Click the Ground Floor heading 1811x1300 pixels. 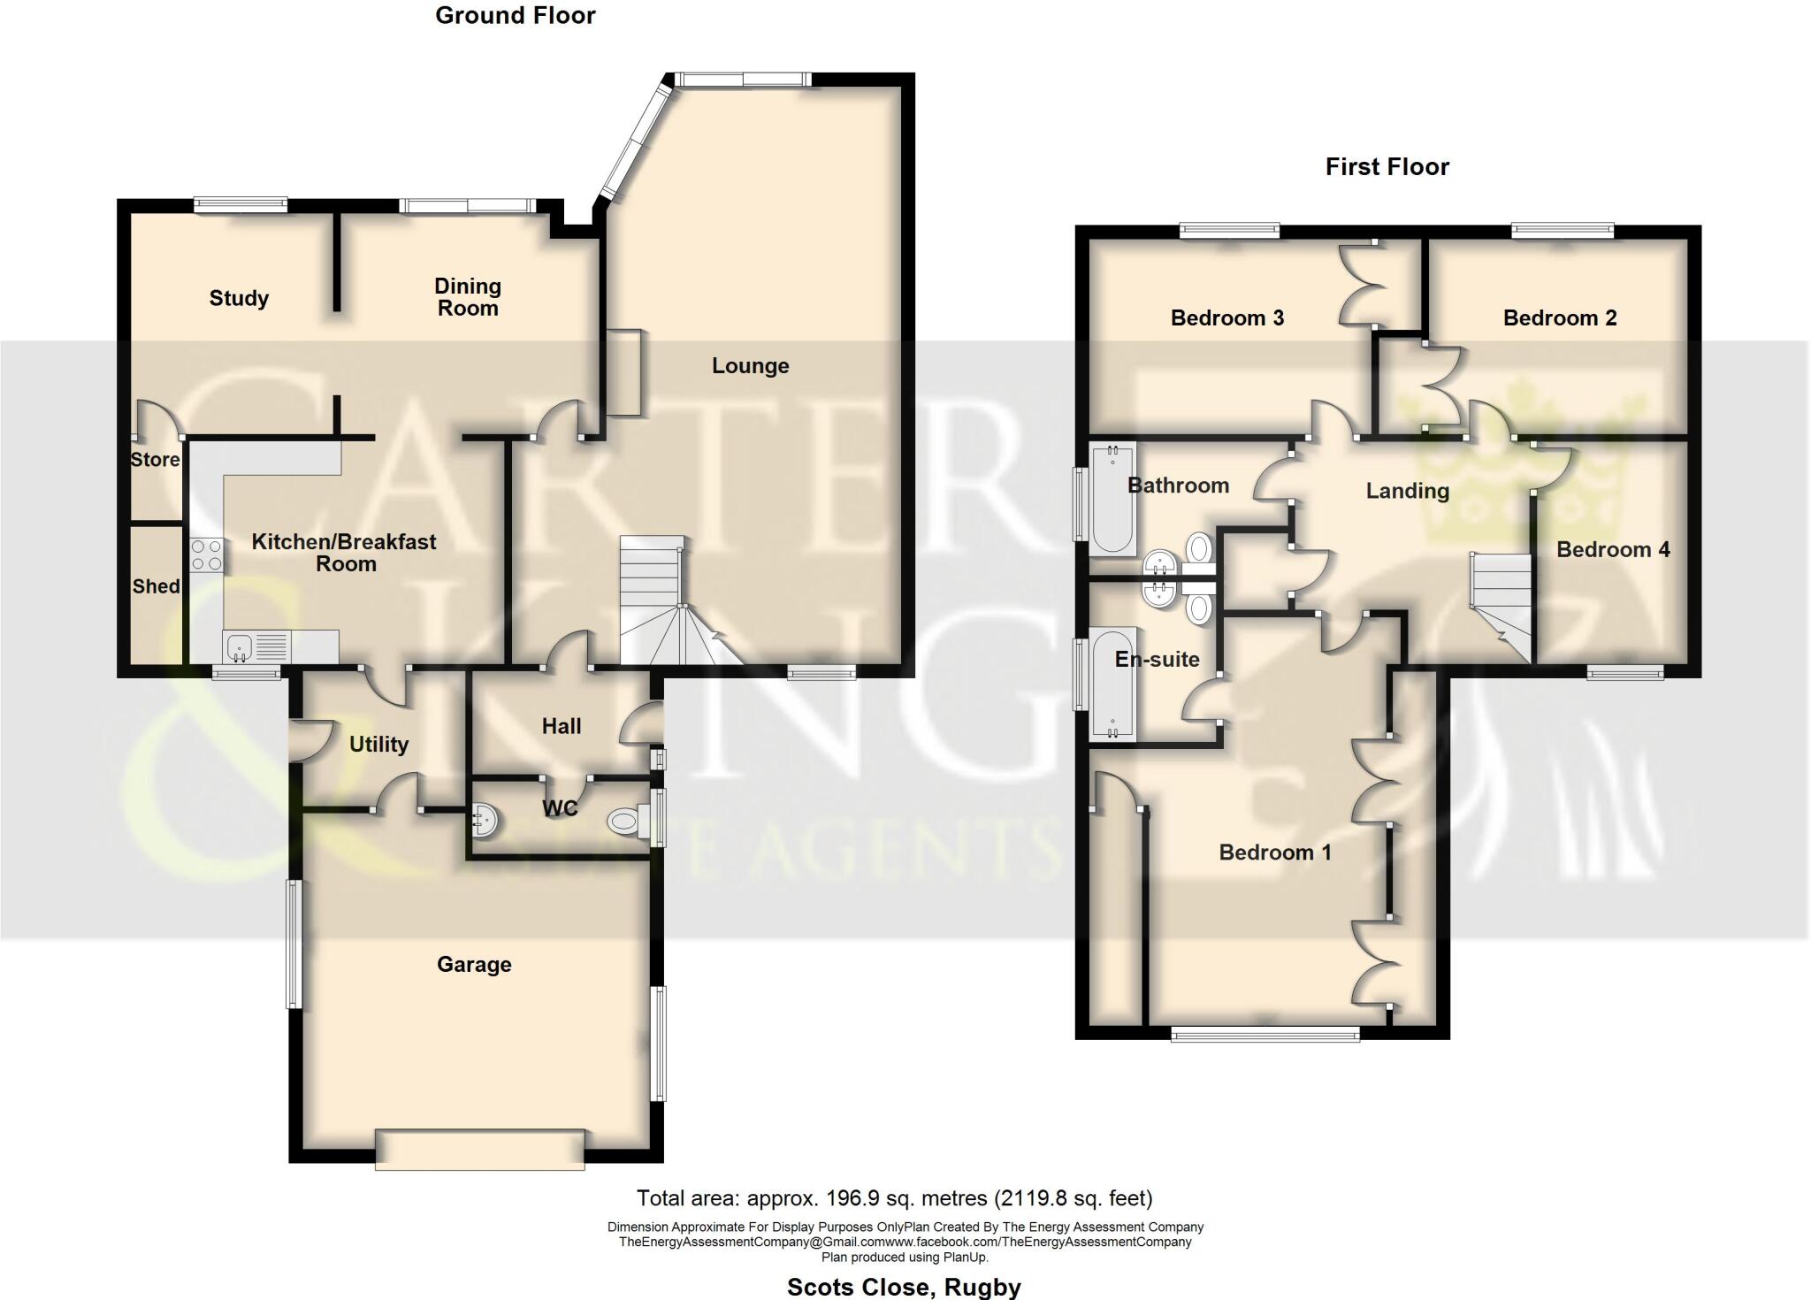pyautogui.click(x=515, y=15)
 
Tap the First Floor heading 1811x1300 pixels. pyautogui.click(x=1387, y=166)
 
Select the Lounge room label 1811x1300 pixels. pyautogui.click(x=750, y=365)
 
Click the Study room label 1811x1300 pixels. pyautogui.click(x=239, y=298)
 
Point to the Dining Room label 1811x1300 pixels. pyautogui.click(x=467, y=297)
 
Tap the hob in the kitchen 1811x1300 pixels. pyautogui.click(x=206, y=555)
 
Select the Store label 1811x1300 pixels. pyautogui.click(x=155, y=459)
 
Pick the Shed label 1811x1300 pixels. pyautogui.click(x=156, y=585)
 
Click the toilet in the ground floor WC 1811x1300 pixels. pyautogui.click(x=625, y=822)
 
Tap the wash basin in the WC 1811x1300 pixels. pyautogui.click(x=485, y=821)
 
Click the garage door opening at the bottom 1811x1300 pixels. pyautogui.click(x=479, y=1150)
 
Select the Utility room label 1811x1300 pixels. pyautogui.click(x=378, y=745)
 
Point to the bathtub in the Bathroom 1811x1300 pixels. pyautogui.click(x=1112, y=500)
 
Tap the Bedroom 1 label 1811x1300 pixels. pyautogui.click(x=1274, y=853)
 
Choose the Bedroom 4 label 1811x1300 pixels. pyautogui.click(x=1612, y=549)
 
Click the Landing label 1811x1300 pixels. pyautogui.click(x=1407, y=491)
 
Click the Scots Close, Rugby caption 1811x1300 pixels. pyautogui.click(x=903, y=1287)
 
